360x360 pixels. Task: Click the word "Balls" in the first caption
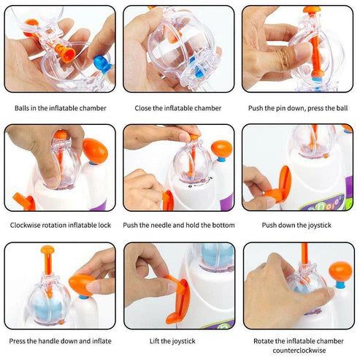[22, 108]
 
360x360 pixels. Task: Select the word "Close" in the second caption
[143, 108]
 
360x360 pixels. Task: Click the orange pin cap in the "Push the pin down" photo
[312, 9]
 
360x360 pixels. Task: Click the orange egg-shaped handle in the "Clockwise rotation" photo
[95, 151]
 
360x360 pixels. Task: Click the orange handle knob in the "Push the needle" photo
[222, 149]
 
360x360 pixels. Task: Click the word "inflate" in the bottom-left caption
[102, 341]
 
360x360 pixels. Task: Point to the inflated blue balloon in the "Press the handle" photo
[49, 309]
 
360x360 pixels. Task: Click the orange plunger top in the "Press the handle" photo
[47, 250]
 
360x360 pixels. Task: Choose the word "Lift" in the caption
[155, 341]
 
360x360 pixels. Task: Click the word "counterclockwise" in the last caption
[299, 351]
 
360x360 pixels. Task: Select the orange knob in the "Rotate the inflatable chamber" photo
[340, 271]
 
